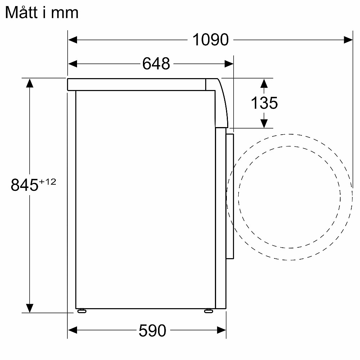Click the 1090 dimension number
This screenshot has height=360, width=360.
(x=211, y=40)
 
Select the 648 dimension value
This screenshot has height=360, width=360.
(x=156, y=64)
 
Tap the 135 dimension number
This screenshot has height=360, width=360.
(x=264, y=103)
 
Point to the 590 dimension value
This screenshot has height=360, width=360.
(x=152, y=330)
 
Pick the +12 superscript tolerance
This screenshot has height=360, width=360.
(x=48, y=182)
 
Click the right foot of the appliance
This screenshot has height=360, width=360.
(x=208, y=311)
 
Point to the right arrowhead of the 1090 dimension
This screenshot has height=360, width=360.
(x=348, y=40)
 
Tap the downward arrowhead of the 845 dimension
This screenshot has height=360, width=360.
(x=30, y=308)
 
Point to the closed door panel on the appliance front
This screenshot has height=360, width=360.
(x=230, y=196)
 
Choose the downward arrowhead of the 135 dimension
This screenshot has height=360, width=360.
(x=264, y=123)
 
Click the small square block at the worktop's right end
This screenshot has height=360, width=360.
(x=210, y=85)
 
